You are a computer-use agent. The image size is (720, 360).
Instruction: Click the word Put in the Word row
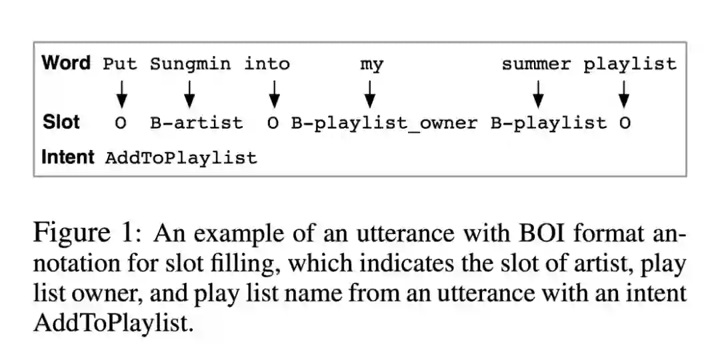pos(120,64)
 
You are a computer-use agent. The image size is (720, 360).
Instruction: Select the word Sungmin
pos(190,64)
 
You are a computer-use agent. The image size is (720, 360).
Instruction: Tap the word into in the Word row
pos(267,64)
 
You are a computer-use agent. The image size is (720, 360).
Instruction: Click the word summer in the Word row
pos(536,64)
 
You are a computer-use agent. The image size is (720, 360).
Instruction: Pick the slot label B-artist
pos(196,123)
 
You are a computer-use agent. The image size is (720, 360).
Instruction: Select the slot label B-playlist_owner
pos(384,123)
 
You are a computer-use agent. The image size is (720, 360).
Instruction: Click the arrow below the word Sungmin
pos(189,94)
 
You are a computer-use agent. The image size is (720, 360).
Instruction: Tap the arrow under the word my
pos(369,94)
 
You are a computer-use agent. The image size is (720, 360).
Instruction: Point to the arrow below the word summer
pos(539,94)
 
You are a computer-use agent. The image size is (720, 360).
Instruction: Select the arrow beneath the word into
pos(273,94)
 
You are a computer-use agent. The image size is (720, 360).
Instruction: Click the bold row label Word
pos(66,63)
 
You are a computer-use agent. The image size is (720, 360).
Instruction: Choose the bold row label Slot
pos(61,123)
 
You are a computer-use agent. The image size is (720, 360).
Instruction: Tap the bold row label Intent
pos(68,157)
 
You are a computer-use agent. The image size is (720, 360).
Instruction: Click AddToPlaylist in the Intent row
pos(181,158)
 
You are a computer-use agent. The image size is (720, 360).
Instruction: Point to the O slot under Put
pos(121,123)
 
